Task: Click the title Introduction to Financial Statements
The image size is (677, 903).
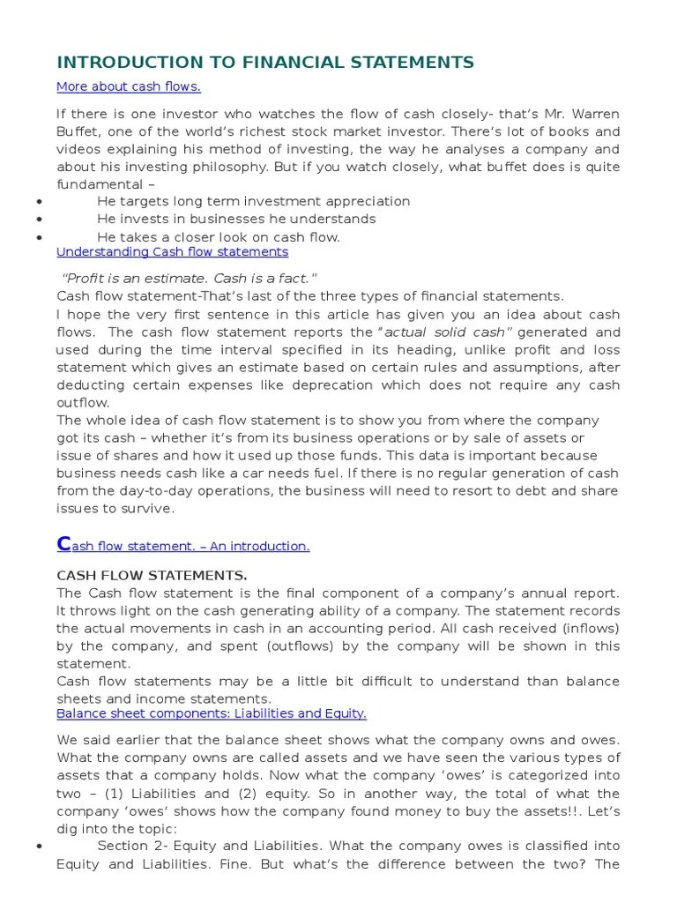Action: click(x=265, y=62)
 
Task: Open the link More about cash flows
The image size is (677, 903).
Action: click(x=129, y=86)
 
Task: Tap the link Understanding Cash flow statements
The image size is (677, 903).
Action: click(x=172, y=251)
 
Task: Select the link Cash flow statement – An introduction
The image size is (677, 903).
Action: click(x=183, y=546)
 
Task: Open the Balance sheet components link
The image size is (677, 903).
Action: click(x=212, y=713)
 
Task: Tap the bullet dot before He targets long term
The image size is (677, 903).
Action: click(x=40, y=202)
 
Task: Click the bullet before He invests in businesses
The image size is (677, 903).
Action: click(x=40, y=220)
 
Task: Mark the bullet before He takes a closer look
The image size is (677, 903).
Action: click(x=40, y=237)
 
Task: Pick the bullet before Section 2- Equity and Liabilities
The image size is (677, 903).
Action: click(x=40, y=822)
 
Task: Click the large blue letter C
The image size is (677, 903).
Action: click(x=63, y=543)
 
